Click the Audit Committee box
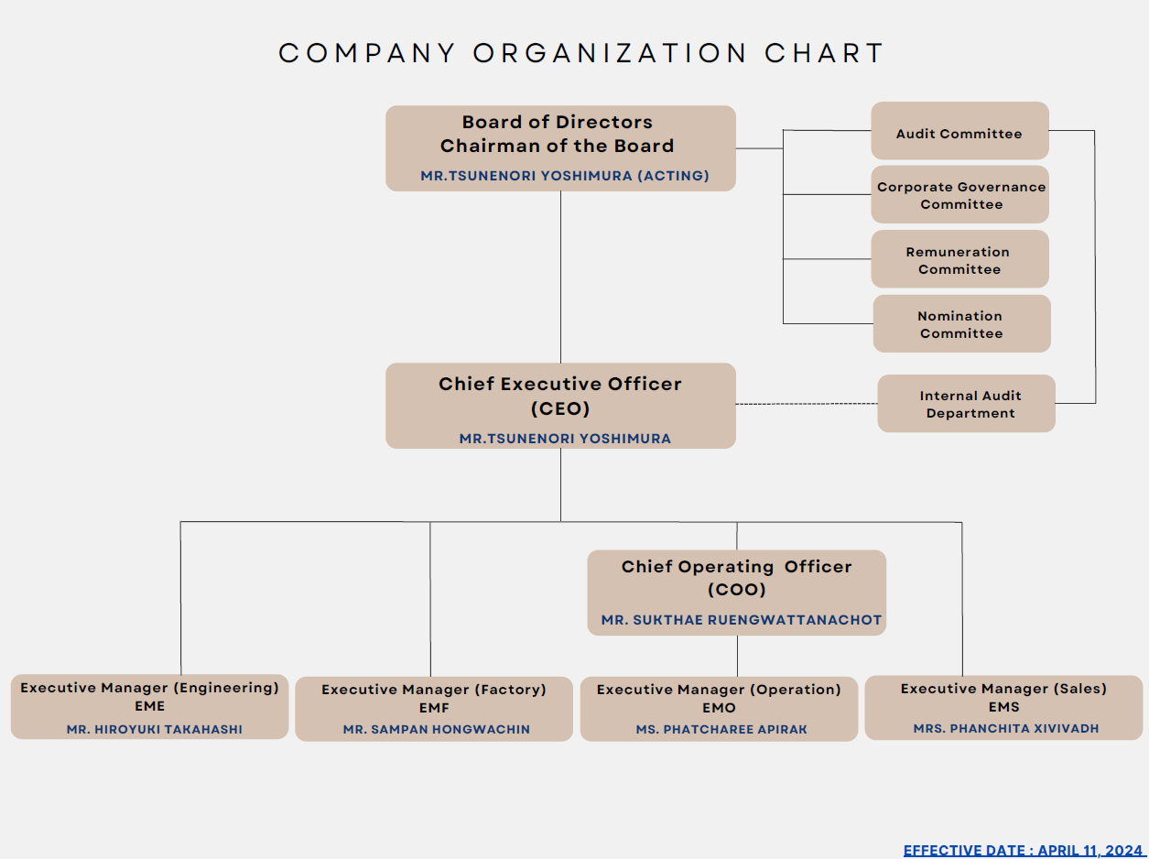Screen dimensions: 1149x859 pos(959,130)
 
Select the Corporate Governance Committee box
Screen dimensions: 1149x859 pos(959,195)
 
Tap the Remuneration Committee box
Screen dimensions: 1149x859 pos(959,259)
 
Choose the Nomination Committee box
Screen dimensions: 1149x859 pos(961,323)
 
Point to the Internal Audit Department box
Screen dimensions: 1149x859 pos(966,404)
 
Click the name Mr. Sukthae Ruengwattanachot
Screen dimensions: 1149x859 pos(742,620)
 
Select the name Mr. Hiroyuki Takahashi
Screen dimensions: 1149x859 pos(155,729)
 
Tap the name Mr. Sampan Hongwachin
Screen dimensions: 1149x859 pos(437,729)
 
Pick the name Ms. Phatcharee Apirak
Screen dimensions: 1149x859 pos(721,729)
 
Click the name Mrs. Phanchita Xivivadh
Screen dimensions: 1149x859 pos(1006,728)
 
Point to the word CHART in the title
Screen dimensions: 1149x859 pos(824,53)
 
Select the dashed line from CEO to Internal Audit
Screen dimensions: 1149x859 pos(807,404)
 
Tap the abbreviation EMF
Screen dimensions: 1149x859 pos(434,708)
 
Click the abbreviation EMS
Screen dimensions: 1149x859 pos(1004,707)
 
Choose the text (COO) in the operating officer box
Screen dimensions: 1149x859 pos(736,590)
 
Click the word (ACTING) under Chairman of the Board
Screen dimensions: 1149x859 pos(673,175)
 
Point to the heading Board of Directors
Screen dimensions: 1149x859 pos(557,122)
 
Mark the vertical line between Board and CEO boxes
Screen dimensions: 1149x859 pos(560,277)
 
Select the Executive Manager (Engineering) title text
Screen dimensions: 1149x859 pos(150,688)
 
